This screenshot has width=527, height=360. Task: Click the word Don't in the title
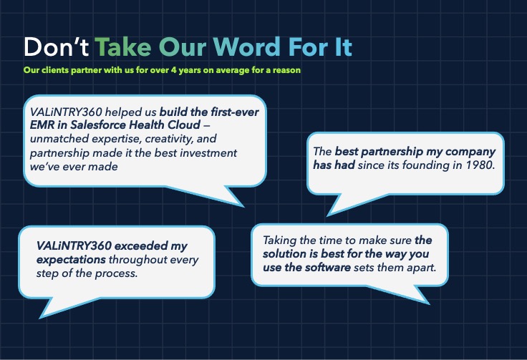coord(56,47)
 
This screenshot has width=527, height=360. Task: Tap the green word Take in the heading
coord(122,47)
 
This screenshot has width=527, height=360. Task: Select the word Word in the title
coord(247,47)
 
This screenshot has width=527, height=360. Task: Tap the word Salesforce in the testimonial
coord(98,125)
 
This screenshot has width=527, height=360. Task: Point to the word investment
coord(208,152)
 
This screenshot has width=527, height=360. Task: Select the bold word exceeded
coord(141,245)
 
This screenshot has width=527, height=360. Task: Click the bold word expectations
coord(71,260)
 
